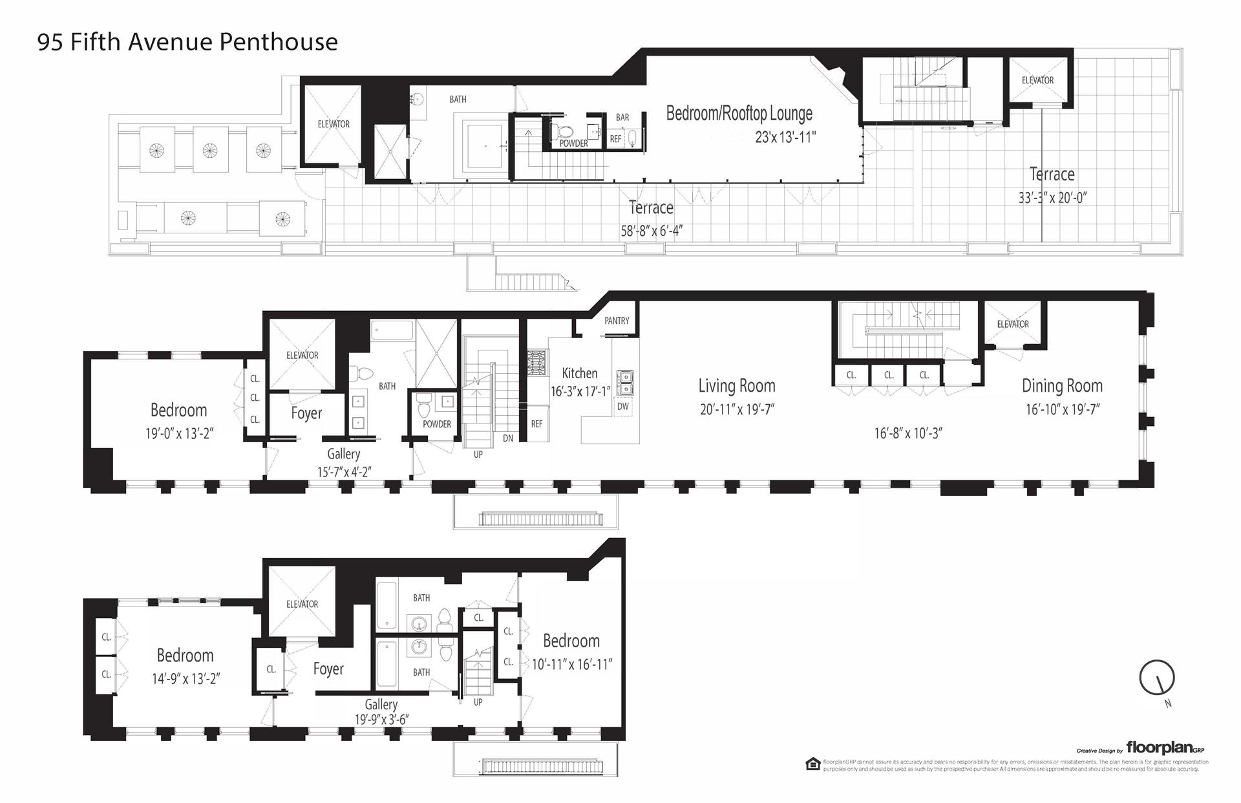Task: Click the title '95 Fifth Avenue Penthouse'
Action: coord(187,42)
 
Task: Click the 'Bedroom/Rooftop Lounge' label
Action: coord(739,114)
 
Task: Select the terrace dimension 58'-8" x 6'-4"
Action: coord(652,231)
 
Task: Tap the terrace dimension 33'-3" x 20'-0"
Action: coord(1052,198)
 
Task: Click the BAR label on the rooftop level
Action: coord(622,118)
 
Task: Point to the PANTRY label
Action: coord(617,321)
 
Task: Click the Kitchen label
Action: coord(580,373)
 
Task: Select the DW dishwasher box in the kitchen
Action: coord(623,407)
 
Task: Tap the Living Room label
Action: coord(736,386)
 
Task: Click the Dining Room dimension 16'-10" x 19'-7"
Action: coord(1062,409)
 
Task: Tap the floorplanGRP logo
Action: coord(1165,748)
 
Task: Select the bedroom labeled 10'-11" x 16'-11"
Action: coord(571,664)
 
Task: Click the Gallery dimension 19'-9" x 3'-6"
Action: coord(381,720)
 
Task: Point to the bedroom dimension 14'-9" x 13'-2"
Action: coord(185,679)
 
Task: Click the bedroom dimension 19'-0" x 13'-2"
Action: coord(179,434)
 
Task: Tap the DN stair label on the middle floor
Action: coord(508,438)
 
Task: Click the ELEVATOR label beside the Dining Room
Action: coord(1013,324)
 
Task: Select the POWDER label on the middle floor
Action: coord(437,424)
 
